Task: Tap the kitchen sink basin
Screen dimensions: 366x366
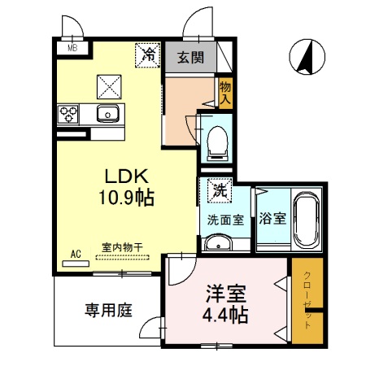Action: tap(107, 113)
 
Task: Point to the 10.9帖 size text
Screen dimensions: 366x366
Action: tap(127, 196)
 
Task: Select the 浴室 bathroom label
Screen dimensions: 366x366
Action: tap(272, 218)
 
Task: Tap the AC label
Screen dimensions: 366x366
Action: tap(76, 255)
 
